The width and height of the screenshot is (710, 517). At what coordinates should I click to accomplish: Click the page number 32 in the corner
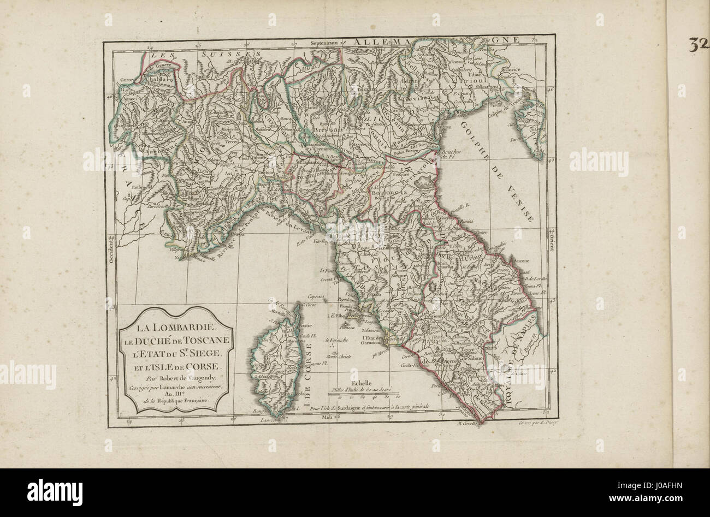tap(699, 45)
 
